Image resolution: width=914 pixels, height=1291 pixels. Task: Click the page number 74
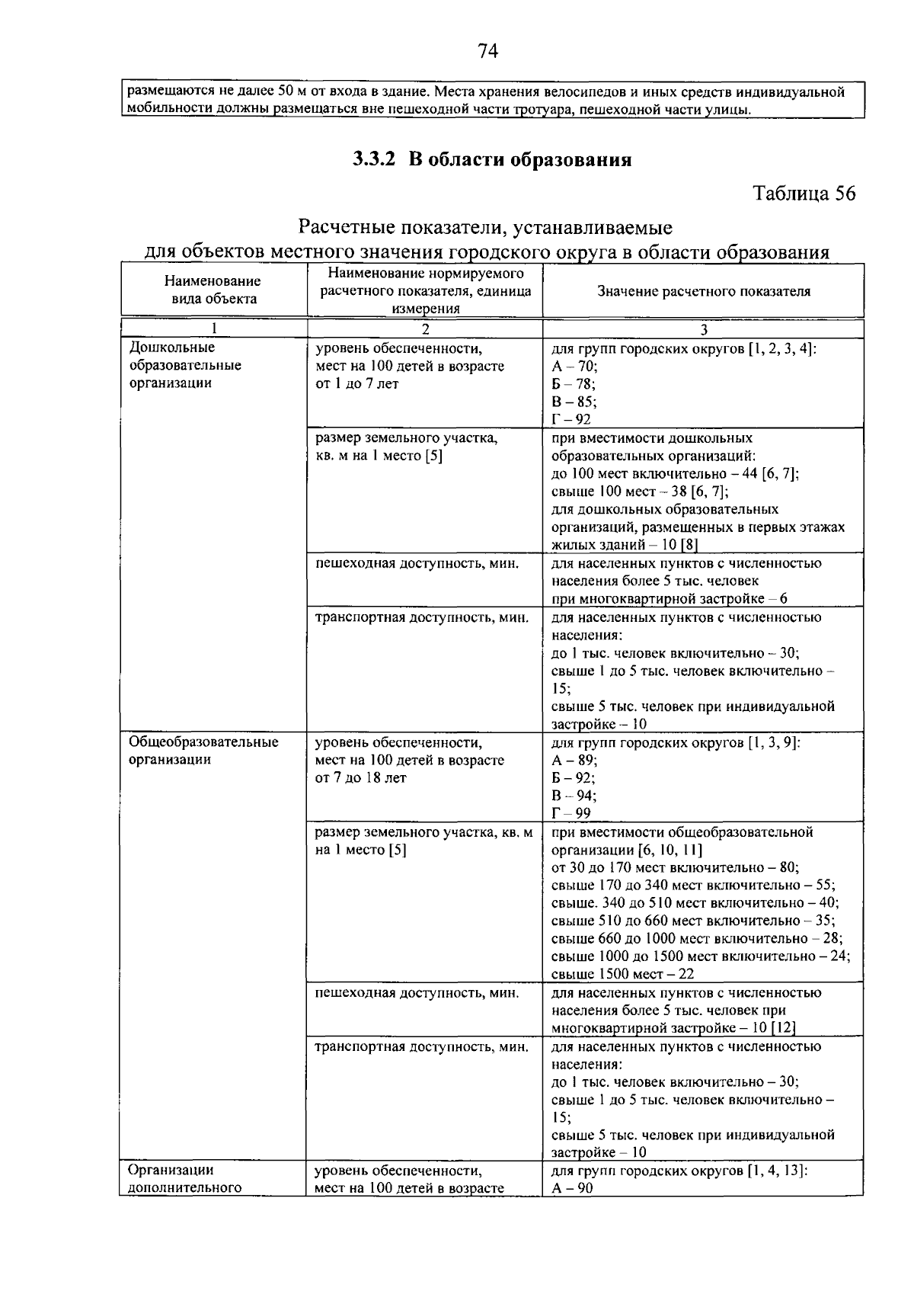tap(487, 51)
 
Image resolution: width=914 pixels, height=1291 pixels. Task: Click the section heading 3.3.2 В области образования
tap(491, 159)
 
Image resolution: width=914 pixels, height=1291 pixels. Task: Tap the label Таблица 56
tap(804, 194)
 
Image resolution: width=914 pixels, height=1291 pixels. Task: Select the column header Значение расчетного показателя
tap(703, 291)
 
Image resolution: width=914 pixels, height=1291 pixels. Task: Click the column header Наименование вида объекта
tap(213, 290)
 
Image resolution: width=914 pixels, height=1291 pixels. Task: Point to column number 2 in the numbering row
tap(425, 329)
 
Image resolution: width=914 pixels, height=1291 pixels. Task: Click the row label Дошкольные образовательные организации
tap(185, 365)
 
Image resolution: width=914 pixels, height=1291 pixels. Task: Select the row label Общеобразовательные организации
tap(203, 751)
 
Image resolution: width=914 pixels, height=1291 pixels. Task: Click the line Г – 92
tap(570, 419)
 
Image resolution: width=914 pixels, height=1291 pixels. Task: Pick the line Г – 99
tap(570, 813)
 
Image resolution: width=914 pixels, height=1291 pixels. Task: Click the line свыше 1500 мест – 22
tap(622, 973)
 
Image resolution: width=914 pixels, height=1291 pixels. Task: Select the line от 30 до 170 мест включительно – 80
tap(674, 867)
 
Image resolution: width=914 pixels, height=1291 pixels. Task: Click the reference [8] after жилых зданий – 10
tap(689, 544)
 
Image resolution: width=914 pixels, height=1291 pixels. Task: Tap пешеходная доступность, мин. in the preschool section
tap(417, 563)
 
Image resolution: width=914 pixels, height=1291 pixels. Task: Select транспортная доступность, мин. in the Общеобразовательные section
tap(421, 1046)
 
